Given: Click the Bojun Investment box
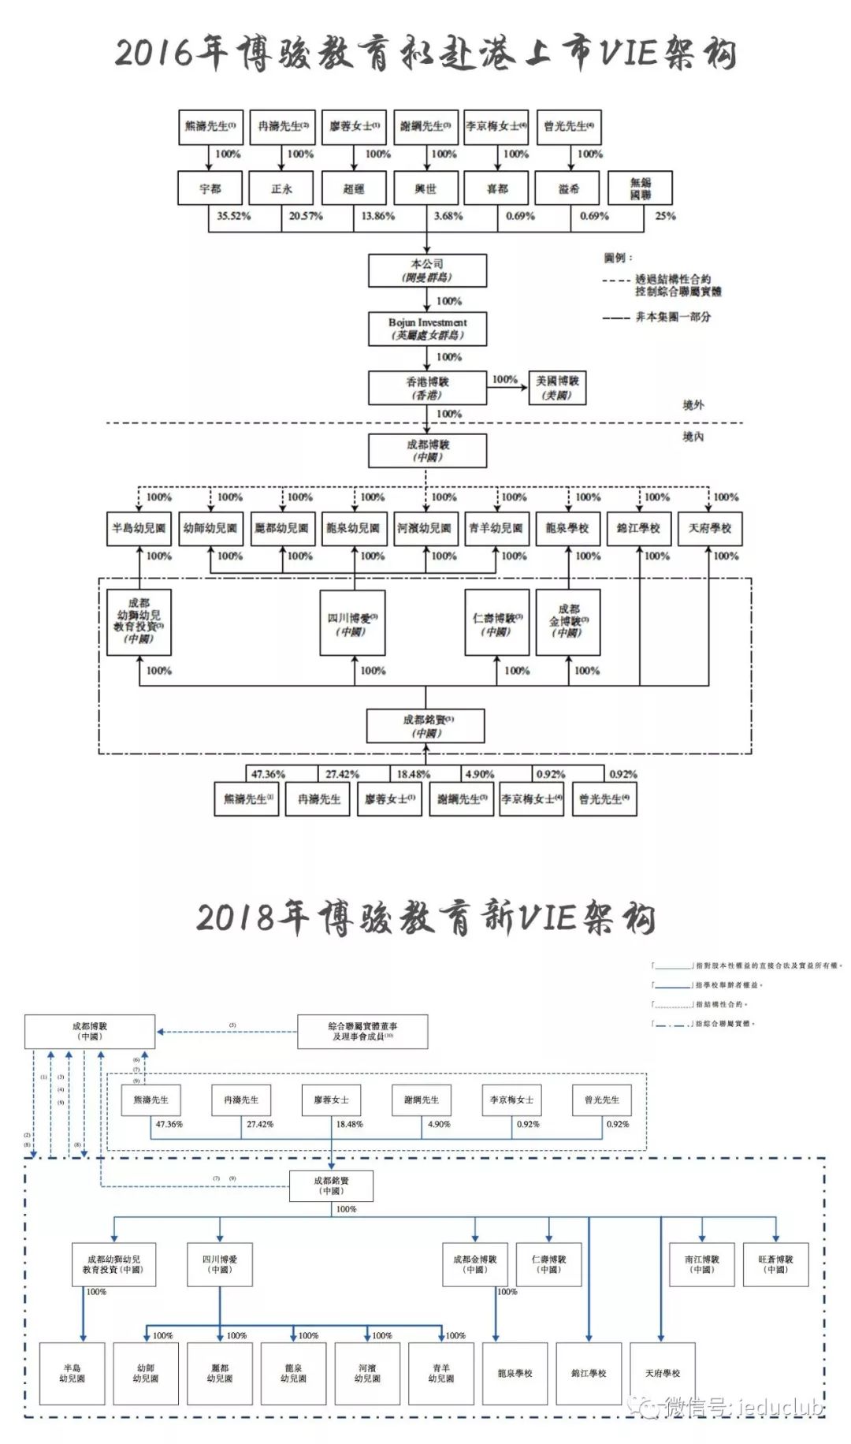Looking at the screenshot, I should [x=427, y=329].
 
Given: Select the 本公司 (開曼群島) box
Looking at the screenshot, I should [x=427, y=270].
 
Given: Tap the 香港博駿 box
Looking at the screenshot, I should [x=427, y=388].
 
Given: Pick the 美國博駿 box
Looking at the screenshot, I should [x=557, y=387].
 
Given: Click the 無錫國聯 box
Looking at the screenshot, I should [x=640, y=188].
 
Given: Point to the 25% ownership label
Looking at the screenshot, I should [x=665, y=216].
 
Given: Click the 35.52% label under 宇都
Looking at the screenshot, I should [x=234, y=216].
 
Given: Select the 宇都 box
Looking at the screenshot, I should [x=210, y=189].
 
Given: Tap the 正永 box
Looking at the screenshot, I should [x=281, y=189].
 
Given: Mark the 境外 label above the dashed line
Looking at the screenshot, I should [x=693, y=405].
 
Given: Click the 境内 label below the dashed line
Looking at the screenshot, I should [x=693, y=437].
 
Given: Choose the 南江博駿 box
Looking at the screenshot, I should [x=701, y=1264].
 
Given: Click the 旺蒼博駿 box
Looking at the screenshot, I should [x=775, y=1264].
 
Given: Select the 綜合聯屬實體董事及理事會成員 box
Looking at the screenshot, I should [x=362, y=1031].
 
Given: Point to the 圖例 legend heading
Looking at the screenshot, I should [x=618, y=259].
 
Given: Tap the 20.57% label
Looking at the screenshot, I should [x=306, y=216].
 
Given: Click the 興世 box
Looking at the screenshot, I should [x=425, y=189].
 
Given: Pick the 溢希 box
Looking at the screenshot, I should [x=568, y=189].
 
